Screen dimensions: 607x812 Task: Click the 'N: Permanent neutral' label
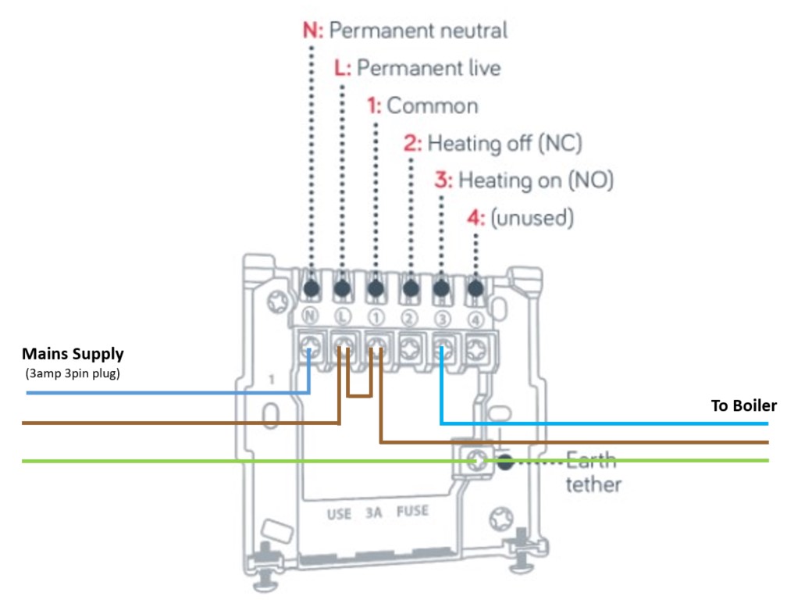click(x=404, y=30)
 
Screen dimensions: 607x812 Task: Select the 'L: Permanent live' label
click(x=417, y=68)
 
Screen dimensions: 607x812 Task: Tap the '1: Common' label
click(x=422, y=105)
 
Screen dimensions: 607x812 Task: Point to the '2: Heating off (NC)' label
click(x=493, y=143)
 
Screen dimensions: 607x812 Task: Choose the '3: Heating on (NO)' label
click(x=524, y=180)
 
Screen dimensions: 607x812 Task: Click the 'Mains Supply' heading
click(x=73, y=354)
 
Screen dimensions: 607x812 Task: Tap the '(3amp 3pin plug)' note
click(x=73, y=372)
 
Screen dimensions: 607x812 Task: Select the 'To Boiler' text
click(x=743, y=405)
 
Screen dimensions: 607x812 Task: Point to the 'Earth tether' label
click(x=593, y=471)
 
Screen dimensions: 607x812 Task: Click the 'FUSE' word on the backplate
click(x=413, y=512)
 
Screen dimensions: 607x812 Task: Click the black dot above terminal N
click(x=311, y=289)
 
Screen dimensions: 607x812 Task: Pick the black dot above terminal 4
click(x=475, y=289)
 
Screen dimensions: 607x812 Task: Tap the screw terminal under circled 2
click(x=409, y=345)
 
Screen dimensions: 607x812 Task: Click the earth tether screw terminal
click(x=473, y=461)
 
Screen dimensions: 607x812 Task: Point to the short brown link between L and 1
click(x=359, y=395)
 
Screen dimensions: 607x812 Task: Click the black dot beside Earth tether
click(x=506, y=461)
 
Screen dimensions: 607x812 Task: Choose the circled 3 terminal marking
click(x=442, y=318)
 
